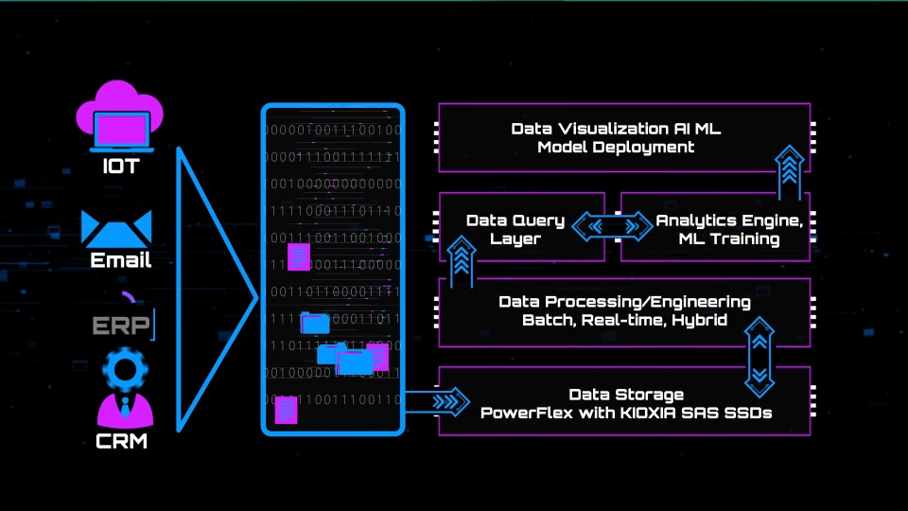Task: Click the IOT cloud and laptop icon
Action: (x=121, y=117)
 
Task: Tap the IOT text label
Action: (x=121, y=167)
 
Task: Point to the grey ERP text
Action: (x=121, y=326)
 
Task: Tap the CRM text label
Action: (x=121, y=440)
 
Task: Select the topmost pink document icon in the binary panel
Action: (x=299, y=255)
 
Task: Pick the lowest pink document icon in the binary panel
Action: (x=285, y=411)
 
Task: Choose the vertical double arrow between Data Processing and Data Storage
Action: (x=760, y=356)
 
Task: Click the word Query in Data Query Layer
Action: (x=541, y=220)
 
